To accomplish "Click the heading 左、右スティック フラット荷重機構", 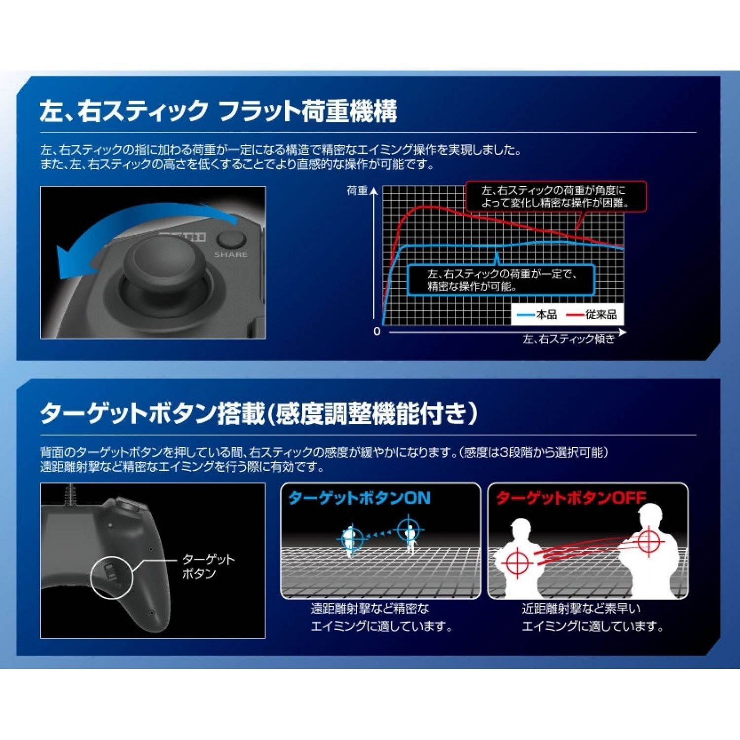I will click(218, 111).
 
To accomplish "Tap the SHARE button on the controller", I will click(231, 240).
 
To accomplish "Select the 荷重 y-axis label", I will click(357, 191).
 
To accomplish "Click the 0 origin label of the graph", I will click(377, 332).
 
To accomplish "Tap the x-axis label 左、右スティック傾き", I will click(568, 339).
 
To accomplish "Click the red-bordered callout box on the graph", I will click(555, 197).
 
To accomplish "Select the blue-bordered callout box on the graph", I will click(501, 280).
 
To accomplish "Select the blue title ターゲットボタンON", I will click(359, 498).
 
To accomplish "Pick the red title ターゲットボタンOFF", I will click(570, 498).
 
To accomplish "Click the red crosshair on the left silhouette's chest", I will click(517, 563).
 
